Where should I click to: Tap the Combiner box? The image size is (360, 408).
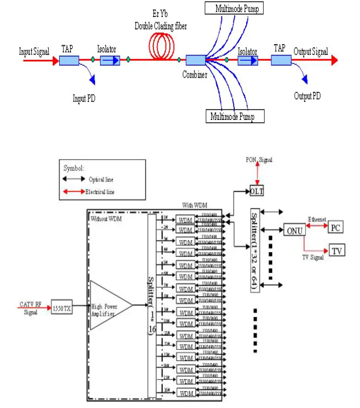tap(196, 60)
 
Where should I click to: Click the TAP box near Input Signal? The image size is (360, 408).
tap(69, 60)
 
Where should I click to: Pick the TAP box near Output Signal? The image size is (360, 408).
tap(281, 60)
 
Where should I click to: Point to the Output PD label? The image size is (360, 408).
tap(307, 96)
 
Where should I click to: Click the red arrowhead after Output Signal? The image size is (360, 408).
tap(334, 60)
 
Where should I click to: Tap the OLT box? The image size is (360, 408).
tap(257, 190)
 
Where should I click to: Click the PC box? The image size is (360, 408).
tap(335, 228)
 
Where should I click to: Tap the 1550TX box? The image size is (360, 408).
tap(61, 309)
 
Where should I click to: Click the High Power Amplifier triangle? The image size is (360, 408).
tap(109, 305)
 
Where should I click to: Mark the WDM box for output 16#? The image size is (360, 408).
tap(186, 393)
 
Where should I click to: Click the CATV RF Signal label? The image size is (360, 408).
tap(31, 308)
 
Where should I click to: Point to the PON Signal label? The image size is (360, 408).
tap(259, 159)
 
